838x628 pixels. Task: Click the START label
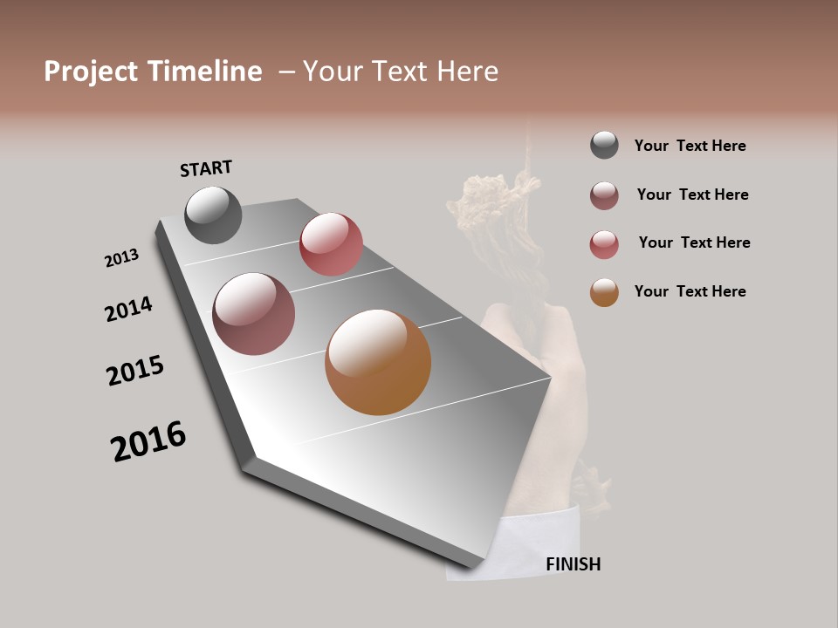point(206,168)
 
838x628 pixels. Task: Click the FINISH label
point(573,564)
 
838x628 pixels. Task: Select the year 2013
point(121,258)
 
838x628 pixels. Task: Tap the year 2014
point(128,309)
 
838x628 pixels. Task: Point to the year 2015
point(135,371)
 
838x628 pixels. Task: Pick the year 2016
point(148,441)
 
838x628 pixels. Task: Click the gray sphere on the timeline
point(213,215)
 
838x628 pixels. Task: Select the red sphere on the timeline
point(331,243)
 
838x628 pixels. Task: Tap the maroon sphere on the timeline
point(253,314)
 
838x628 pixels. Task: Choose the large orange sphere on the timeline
point(378,362)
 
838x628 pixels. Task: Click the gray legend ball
point(604,145)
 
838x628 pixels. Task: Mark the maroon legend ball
point(604,195)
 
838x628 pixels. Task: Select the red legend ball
point(604,244)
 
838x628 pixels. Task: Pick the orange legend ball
point(604,292)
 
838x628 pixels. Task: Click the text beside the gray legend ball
point(690,146)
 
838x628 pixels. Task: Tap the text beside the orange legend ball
point(690,291)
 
